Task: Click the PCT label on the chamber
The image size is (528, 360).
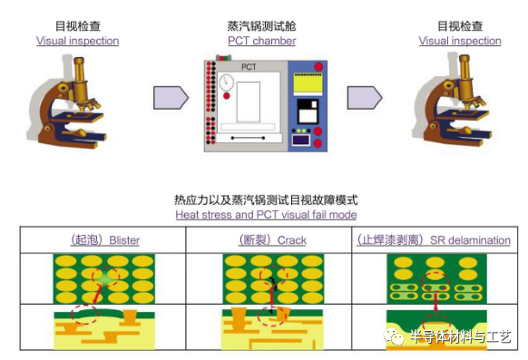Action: click(249, 67)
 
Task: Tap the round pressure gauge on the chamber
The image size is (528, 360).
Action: click(227, 83)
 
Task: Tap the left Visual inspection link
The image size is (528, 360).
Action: click(77, 41)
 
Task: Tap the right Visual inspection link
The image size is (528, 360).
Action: click(460, 41)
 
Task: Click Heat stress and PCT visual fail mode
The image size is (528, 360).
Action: click(266, 215)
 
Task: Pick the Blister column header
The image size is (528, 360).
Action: click(105, 240)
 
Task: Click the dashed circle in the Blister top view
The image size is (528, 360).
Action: click(107, 278)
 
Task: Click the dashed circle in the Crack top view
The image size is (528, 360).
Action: click(271, 279)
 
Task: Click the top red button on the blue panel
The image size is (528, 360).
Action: click(318, 67)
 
